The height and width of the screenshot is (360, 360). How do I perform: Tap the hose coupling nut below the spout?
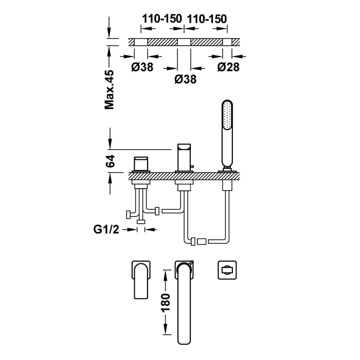click(201, 241)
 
